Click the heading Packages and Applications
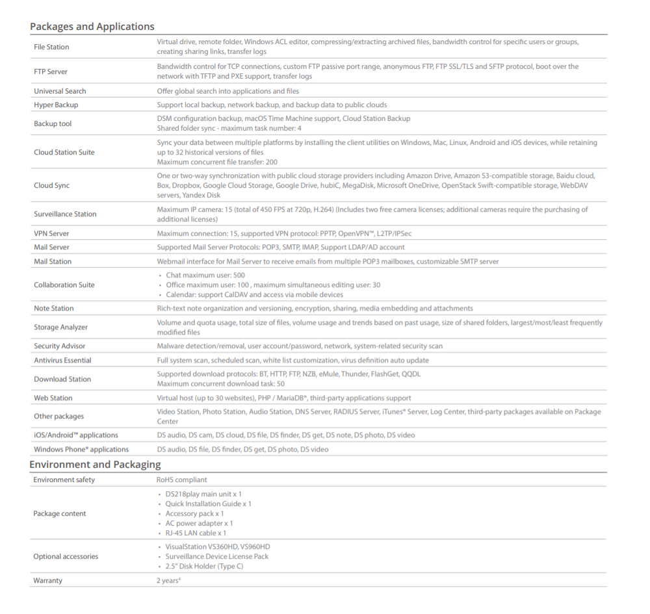[92, 27]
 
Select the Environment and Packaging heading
[95, 465]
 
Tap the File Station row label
[51, 47]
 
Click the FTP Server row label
[51, 71]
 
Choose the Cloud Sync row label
[51, 185]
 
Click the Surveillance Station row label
[65, 214]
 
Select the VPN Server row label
[51, 233]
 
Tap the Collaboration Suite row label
[64, 285]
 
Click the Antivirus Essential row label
[62, 360]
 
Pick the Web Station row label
[53, 398]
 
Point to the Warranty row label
[47, 580]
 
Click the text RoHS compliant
[181, 480]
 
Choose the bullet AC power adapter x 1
[199, 523]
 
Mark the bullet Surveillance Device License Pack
[216, 556]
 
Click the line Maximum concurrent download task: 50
[220, 383]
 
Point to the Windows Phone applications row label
[81, 449]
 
